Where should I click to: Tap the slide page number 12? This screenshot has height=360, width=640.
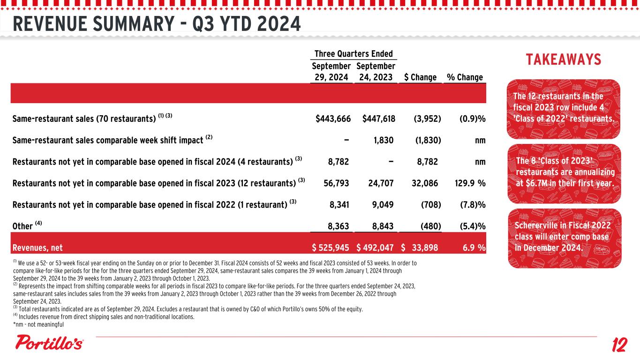619,346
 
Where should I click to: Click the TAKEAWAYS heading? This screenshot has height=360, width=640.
563,60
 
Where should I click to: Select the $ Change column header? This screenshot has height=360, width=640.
420,77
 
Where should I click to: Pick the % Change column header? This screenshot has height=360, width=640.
465,77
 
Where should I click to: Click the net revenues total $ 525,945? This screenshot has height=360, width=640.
331,247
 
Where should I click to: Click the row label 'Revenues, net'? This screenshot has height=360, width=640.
38,247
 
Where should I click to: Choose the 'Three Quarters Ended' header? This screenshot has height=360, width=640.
354,54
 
